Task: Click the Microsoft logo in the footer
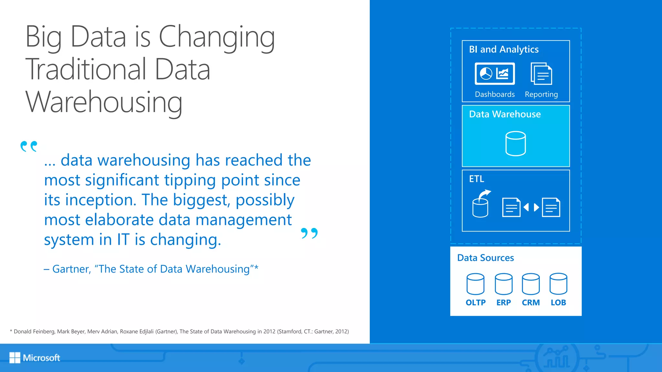(x=35, y=357)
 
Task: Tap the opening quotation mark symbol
(x=29, y=146)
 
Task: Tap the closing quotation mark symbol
(x=309, y=233)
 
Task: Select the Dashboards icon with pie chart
(x=495, y=74)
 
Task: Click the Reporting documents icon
(x=541, y=74)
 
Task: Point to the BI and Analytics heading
(x=504, y=49)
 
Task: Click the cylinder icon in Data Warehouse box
(x=516, y=144)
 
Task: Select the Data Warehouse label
(x=505, y=114)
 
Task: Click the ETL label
(x=476, y=179)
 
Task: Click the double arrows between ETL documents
(x=531, y=207)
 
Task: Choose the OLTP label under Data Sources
(x=475, y=303)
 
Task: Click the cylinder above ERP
(x=503, y=284)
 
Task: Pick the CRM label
(x=531, y=303)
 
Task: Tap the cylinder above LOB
(x=558, y=284)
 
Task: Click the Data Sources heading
(x=485, y=258)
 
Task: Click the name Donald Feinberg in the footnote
(x=34, y=332)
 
